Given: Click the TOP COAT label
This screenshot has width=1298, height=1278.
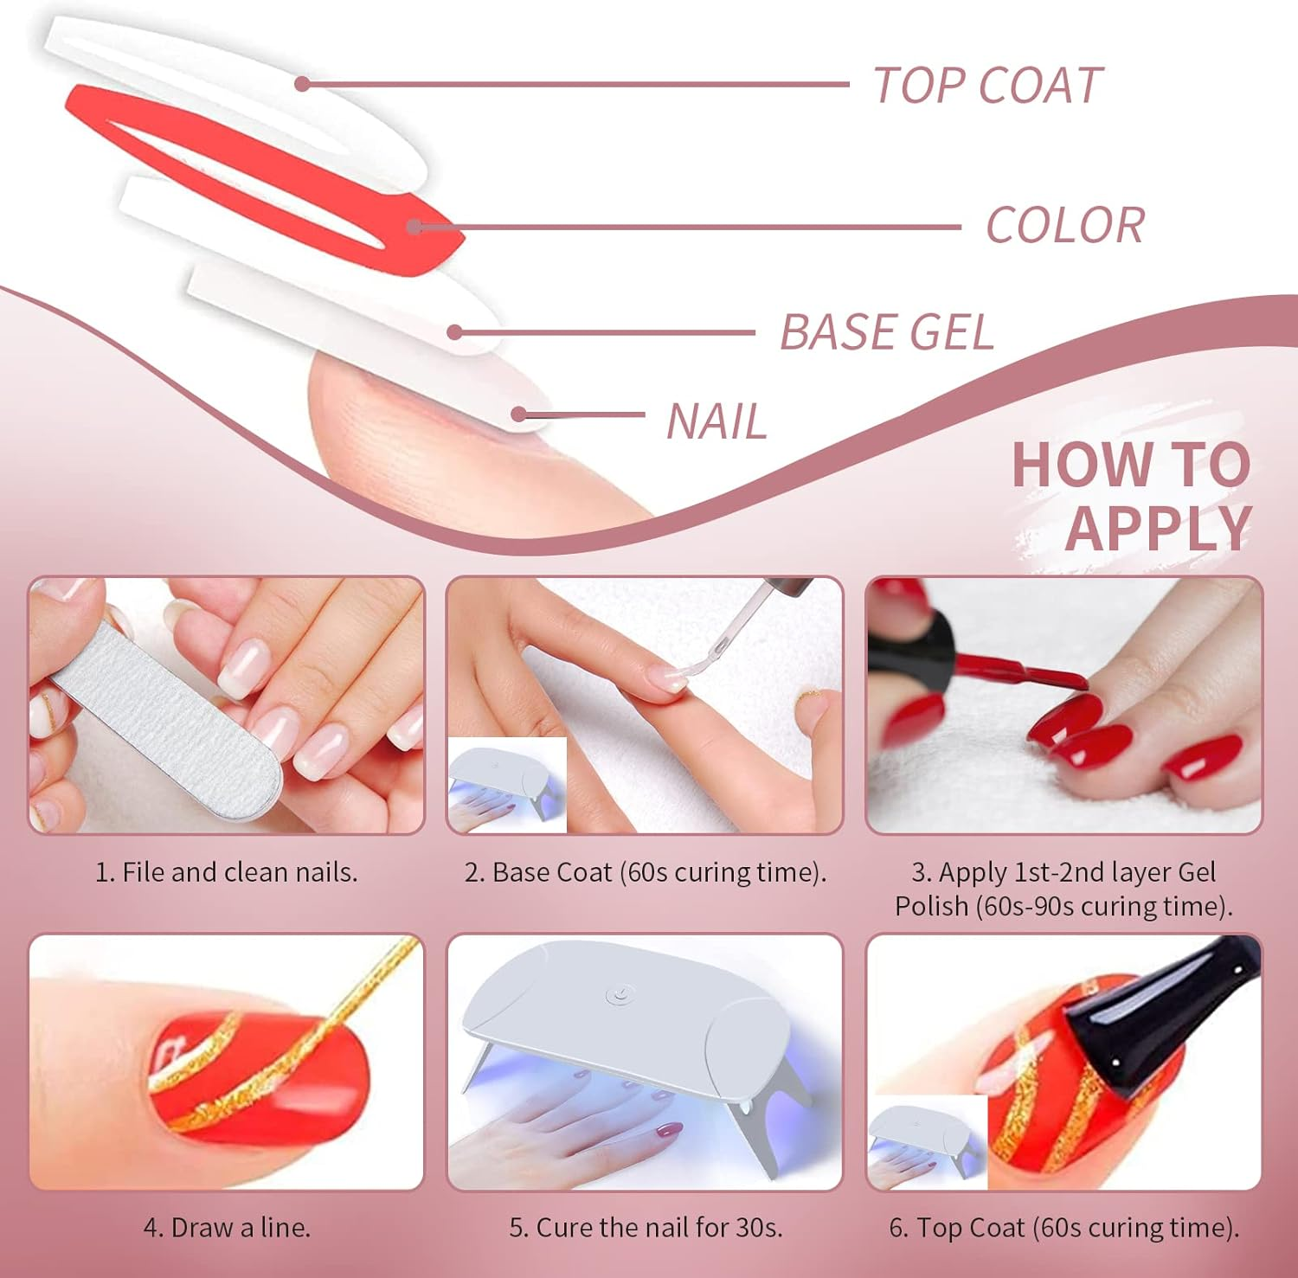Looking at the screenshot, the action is click(987, 86).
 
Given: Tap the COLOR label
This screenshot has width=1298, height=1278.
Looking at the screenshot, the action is click(1065, 226).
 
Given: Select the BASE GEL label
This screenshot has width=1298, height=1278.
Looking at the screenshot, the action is click(887, 332).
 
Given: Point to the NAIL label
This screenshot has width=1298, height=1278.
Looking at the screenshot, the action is click(716, 422).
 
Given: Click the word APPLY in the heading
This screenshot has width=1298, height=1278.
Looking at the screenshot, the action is click(1159, 528).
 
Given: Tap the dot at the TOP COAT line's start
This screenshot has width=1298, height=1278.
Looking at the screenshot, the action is click(302, 84).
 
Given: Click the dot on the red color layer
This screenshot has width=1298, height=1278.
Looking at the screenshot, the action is click(414, 228).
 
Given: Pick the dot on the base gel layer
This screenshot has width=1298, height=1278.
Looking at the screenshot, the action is click(455, 332).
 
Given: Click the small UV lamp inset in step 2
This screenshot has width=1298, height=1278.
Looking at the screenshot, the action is click(507, 785).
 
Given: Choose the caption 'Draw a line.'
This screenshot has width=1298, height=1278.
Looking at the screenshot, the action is click(227, 1228).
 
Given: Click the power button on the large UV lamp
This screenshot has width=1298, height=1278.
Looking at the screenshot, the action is click(618, 995).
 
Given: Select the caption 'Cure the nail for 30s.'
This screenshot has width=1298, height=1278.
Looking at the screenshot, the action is click(646, 1228).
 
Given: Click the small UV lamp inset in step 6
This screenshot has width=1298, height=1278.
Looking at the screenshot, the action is click(928, 1142).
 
